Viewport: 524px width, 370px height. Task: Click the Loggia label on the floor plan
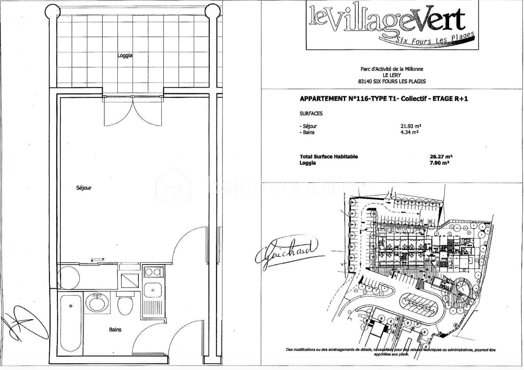(125, 56)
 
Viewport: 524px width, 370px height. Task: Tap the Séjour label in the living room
(84, 188)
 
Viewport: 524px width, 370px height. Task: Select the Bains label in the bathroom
(115, 329)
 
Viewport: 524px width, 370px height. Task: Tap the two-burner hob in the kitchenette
(152, 272)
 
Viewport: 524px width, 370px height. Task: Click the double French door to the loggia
(133, 111)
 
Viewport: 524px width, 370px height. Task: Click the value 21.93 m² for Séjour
(411, 126)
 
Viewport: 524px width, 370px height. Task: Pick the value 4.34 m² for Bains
(409, 132)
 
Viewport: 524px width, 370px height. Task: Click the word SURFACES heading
(311, 114)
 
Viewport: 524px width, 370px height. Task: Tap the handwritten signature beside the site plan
(287, 252)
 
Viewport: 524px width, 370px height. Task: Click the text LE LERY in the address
(392, 75)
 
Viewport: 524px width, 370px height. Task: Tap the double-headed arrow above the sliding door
(97, 259)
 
